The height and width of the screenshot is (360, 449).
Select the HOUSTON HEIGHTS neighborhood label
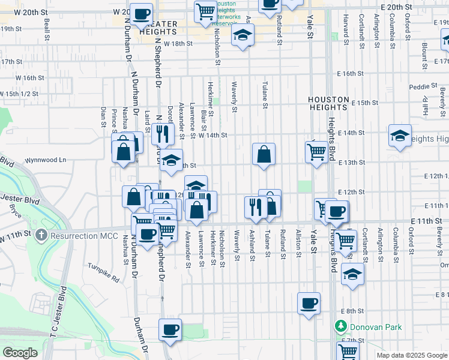point(328,103)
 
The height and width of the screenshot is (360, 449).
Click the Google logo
point(20,352)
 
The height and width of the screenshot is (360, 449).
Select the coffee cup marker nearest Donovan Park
point(309,303)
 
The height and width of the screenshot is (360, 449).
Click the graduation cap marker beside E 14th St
point(399,136)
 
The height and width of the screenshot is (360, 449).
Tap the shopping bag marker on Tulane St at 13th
point(264,155)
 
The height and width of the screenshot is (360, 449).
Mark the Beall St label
point(46,26)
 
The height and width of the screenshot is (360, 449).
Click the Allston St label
point(298,243)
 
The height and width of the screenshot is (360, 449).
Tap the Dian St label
point(103,118)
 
